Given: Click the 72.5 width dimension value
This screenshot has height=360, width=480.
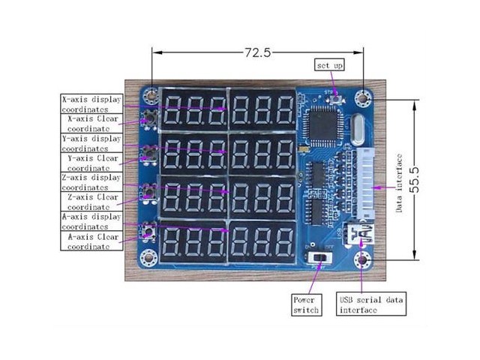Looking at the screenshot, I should pyautogui.click(x=256, y=52).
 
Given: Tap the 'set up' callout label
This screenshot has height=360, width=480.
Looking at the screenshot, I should pyautogui.click(x=329, y=66).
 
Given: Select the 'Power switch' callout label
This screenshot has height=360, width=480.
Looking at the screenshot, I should pyautogui.click(x=306, y=304).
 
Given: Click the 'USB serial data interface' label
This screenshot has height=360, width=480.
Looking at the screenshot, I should pyautogui.click(x=372, y=304).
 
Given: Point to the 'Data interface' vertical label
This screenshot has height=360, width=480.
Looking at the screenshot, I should pyautogui.click(x=400, y=182).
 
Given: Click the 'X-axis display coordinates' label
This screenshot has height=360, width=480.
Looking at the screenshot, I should pyautogui.click(x=91, y=103).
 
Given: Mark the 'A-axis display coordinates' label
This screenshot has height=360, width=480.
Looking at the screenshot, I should pyautogui.click(x=91, y=221).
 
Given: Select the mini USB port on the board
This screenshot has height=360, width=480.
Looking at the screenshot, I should pyautogui.click(x=362, y=235).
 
